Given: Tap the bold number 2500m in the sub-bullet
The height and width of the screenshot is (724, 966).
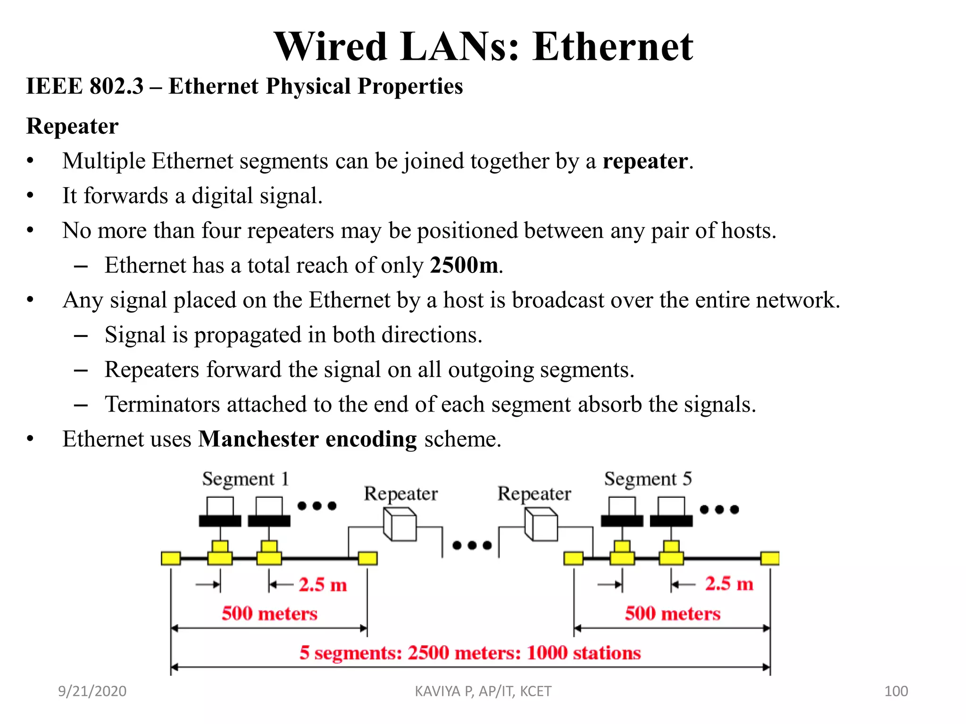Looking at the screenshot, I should [464, 265].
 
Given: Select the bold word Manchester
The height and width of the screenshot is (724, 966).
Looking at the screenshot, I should [258, 439].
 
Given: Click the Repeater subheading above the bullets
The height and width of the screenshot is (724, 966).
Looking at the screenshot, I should [72, 126].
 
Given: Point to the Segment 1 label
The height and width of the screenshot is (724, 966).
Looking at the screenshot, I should [245, 479].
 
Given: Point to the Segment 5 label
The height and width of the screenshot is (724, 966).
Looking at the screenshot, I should [648, 479].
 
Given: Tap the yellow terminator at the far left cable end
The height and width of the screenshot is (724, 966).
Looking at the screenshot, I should [171, 559].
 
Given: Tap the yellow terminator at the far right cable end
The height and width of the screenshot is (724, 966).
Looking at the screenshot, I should [770, 559].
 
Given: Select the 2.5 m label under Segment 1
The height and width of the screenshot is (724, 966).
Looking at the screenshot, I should [323, 585].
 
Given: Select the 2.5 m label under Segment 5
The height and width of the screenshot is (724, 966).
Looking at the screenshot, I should [729, 584].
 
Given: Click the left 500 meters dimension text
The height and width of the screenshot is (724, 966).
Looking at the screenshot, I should [269, 614].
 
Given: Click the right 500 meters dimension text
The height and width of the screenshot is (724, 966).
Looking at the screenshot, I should [673, 614].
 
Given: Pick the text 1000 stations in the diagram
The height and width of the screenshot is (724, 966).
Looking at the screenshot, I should [583, 653].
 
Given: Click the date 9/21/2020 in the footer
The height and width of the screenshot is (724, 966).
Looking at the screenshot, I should [92, 691].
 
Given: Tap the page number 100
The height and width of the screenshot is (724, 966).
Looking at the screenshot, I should [896, 691].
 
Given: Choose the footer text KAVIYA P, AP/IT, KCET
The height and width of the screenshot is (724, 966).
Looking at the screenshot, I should [483, 691].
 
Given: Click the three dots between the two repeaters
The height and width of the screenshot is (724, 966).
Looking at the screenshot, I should [472, 545].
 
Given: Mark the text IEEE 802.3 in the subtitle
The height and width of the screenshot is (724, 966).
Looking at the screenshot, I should [84, 87].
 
